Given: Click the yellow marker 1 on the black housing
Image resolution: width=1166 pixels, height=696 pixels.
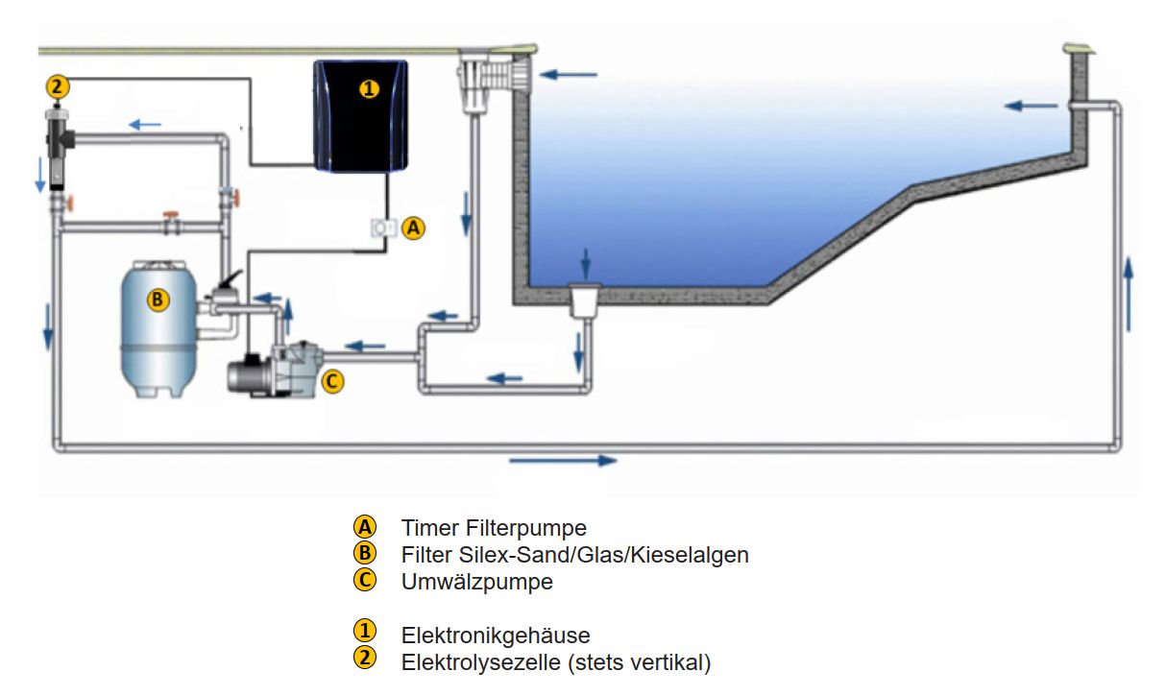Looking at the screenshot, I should [x=369, y=88].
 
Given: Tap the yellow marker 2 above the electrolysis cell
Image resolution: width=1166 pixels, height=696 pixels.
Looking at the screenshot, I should [x=58, y=87].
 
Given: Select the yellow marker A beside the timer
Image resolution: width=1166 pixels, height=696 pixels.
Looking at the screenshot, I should [x=413, y=228].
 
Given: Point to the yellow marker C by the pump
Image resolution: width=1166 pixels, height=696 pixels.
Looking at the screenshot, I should [x=330, y=381].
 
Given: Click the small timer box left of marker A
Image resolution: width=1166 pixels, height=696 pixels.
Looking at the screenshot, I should [x=385, y=228].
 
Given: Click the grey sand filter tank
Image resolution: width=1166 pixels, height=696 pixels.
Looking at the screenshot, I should [x=159, y=331].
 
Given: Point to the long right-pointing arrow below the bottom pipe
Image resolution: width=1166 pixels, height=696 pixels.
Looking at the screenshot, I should [x=562, y=461].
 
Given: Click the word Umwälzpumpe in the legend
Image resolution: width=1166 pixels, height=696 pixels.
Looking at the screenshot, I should [x=477, y=581].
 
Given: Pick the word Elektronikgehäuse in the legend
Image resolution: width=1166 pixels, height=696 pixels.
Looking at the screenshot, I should [x=496, y=635].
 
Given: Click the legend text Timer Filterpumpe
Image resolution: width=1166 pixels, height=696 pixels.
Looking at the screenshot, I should [x=494, y=527].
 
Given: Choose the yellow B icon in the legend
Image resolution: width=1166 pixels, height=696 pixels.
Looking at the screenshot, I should [x=365, y=553].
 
